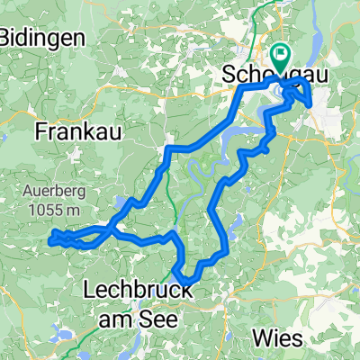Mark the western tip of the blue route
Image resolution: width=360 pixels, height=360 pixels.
(51, 238)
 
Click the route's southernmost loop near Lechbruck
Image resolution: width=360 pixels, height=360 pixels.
(185, 273)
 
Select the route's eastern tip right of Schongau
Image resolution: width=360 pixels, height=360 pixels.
(311, 104)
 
